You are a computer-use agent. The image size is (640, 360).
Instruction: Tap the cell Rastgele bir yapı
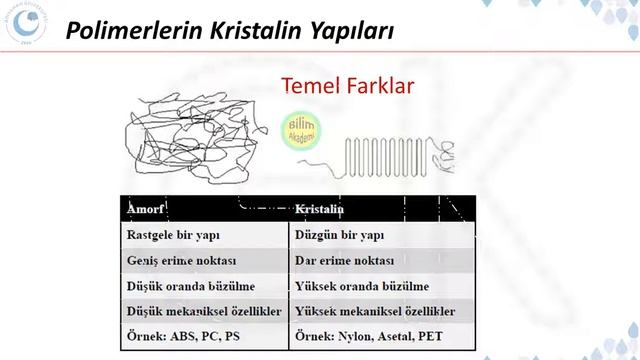(173, 236)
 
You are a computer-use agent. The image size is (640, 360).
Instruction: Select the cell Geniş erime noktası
(179, 261)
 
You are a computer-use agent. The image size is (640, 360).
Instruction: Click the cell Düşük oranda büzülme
(184, 286)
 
